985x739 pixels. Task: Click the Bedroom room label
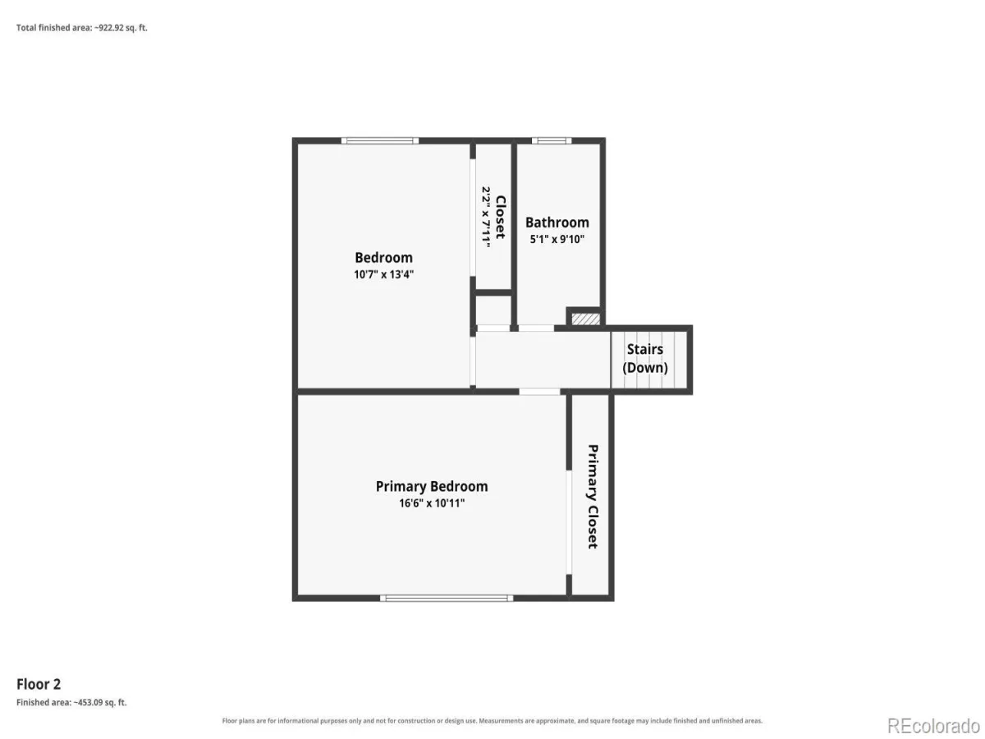pyautogui.click(x=383, y=258)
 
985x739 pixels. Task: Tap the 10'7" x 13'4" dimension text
pyautogui.click(x=383, y=274)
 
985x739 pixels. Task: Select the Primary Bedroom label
pyautogui.click(x=432, y=487)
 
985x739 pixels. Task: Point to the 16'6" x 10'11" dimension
pyautogui.click(x=432, y=503)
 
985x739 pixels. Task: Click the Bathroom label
pyautogui.click(x=557, y=223)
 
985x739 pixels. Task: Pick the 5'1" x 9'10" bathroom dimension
pyautogui.click(x=557, y=239)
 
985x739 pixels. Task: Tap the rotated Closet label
pyautogui.click(x=501, y=217)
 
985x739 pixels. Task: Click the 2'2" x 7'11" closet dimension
pyautogui.click(x=486, y=217)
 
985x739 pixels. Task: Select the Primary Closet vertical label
pyautogui.click(x=593, y=497)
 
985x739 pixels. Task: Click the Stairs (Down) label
pyautogui.click(x=645, y=359)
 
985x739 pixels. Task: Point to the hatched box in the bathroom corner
pyautogui.click(x=585, y=319)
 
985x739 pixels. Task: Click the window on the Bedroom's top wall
pyautogui.click(x=380, y=141)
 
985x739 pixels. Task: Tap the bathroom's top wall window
pyautogui.click(x=552, y=141)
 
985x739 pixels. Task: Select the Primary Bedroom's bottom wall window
pyautogui.click(x=447, y=598)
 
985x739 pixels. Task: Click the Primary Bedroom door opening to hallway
pyautogui.click(x=539, y=392)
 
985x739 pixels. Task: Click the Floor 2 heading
pyautogui.click(x=39, y=684)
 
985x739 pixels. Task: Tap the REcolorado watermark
pyautogui.click(x=933, y=726)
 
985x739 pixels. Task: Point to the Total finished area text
pyautogui.click(x=81, y=28)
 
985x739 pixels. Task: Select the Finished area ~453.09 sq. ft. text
pyautogui.click(x=71, y=703)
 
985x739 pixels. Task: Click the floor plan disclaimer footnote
pyautogui.click(x=492, y=721)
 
